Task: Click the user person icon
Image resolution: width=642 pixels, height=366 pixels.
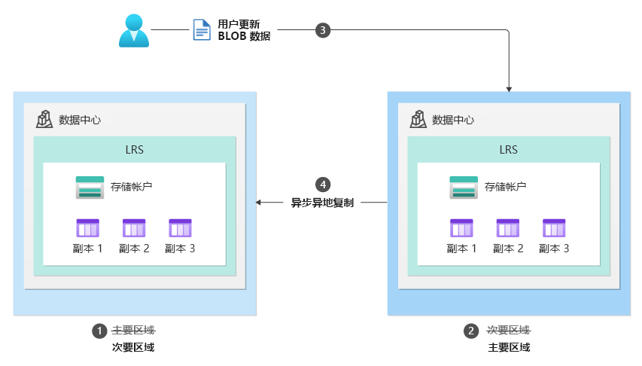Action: pos(134,31)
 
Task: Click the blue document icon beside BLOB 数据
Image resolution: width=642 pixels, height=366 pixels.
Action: pos(202,30)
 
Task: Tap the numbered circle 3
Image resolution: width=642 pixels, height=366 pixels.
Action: pos(322,30)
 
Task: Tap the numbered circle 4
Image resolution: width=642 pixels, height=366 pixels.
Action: pos(322,185)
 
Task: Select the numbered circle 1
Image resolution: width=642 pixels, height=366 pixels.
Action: pos(99,331)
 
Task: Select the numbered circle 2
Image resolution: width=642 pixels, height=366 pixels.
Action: pos(472,331)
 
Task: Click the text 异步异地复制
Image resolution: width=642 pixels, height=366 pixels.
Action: pos(322,203)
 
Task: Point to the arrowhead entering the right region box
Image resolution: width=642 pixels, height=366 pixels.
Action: pos(510,88)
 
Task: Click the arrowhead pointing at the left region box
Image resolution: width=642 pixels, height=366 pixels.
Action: pos(260,203)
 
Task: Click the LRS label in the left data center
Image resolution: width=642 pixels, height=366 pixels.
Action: pos(134,149)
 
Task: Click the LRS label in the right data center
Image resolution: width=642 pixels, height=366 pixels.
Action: pos(508,149)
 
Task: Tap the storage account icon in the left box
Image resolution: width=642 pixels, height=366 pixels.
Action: pos(90,188)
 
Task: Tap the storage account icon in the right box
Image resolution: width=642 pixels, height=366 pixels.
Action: pos(464,188)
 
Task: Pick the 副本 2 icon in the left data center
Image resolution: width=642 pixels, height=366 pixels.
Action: pos(134,228)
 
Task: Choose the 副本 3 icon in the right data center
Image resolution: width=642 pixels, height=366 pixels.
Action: pos(554,228)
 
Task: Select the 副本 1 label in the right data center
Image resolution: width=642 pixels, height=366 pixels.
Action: pos(461,249)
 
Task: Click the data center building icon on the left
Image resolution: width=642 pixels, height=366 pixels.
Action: pos(44,119)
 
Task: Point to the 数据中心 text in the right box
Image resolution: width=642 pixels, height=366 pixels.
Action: pos(453,120)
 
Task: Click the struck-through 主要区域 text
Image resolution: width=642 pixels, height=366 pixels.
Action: pos(133,331)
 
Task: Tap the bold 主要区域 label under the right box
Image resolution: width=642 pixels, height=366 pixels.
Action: pos(509,347)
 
